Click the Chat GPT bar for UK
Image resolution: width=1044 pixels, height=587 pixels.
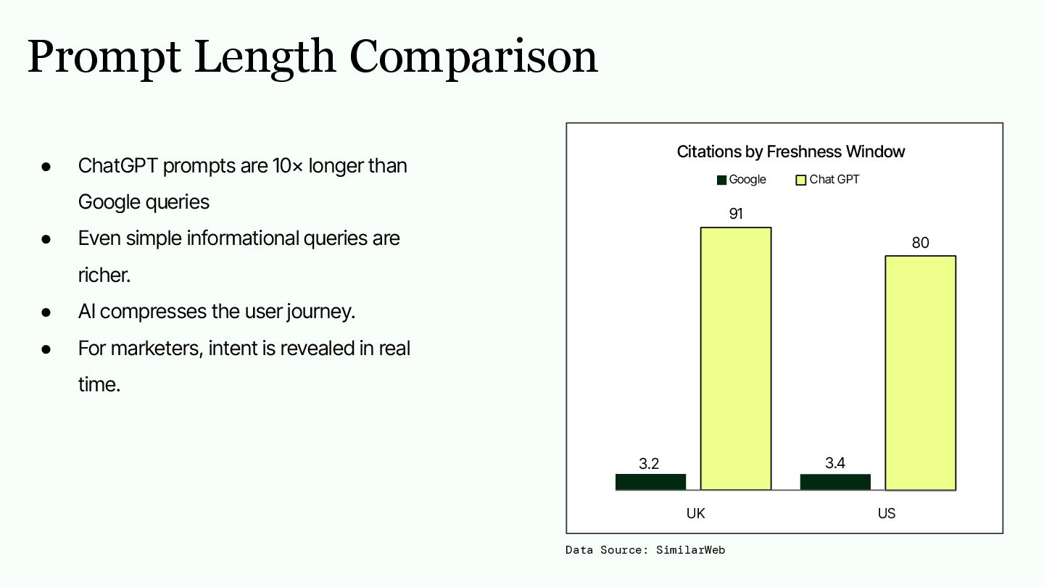coord(736,358)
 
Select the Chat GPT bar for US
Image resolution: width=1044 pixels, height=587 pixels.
coord(921,372)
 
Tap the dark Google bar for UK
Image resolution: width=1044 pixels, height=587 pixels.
coord(650,482)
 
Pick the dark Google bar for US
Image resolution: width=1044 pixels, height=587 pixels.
coord(835,482)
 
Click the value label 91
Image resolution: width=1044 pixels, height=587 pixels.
coord(736,213)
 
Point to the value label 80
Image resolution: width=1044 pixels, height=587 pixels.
coord(921,242)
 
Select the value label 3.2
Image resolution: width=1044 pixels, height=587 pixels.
coord(649,464)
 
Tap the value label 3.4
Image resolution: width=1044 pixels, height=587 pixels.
coord(834,462)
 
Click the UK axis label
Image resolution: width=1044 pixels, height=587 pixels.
coord(695,513)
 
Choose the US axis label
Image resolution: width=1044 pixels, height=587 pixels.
coord(887,513)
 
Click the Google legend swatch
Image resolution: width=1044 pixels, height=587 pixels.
coord(721,180)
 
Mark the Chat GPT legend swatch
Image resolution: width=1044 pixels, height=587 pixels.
coord(800,180)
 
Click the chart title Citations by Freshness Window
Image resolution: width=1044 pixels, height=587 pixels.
coord(791,152)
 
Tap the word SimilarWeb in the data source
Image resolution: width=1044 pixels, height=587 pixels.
coord(690,550)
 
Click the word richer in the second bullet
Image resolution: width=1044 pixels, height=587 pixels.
coord(104,275)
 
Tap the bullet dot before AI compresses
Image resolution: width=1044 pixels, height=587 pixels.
coord(46,312)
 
